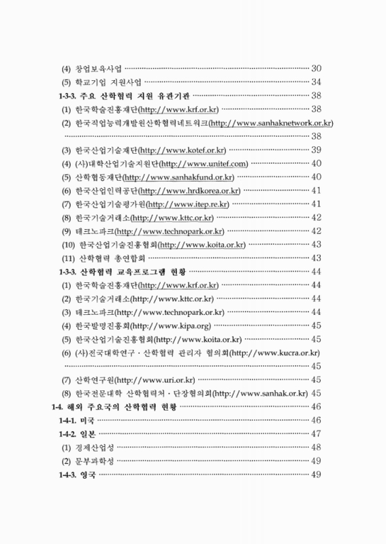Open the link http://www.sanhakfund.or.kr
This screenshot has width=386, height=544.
coord(178,177)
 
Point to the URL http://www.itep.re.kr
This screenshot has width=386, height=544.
coord(189,204)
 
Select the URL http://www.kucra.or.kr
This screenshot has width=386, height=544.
coord(275,353)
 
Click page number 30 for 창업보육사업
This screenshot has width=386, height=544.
coord(315,69)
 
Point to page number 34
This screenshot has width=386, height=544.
coord(315,82)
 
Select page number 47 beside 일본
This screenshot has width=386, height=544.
coord(315,434)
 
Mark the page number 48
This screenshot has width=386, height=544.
coord(315,447)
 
